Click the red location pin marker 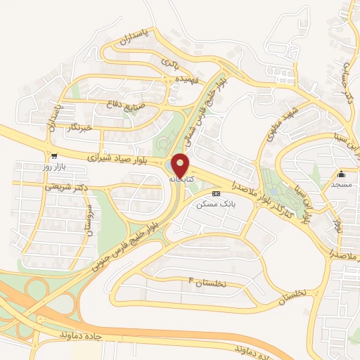click(x=181, y=165)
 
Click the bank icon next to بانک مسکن click(x=217, y=193)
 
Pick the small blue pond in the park click(x=272, y=191)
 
